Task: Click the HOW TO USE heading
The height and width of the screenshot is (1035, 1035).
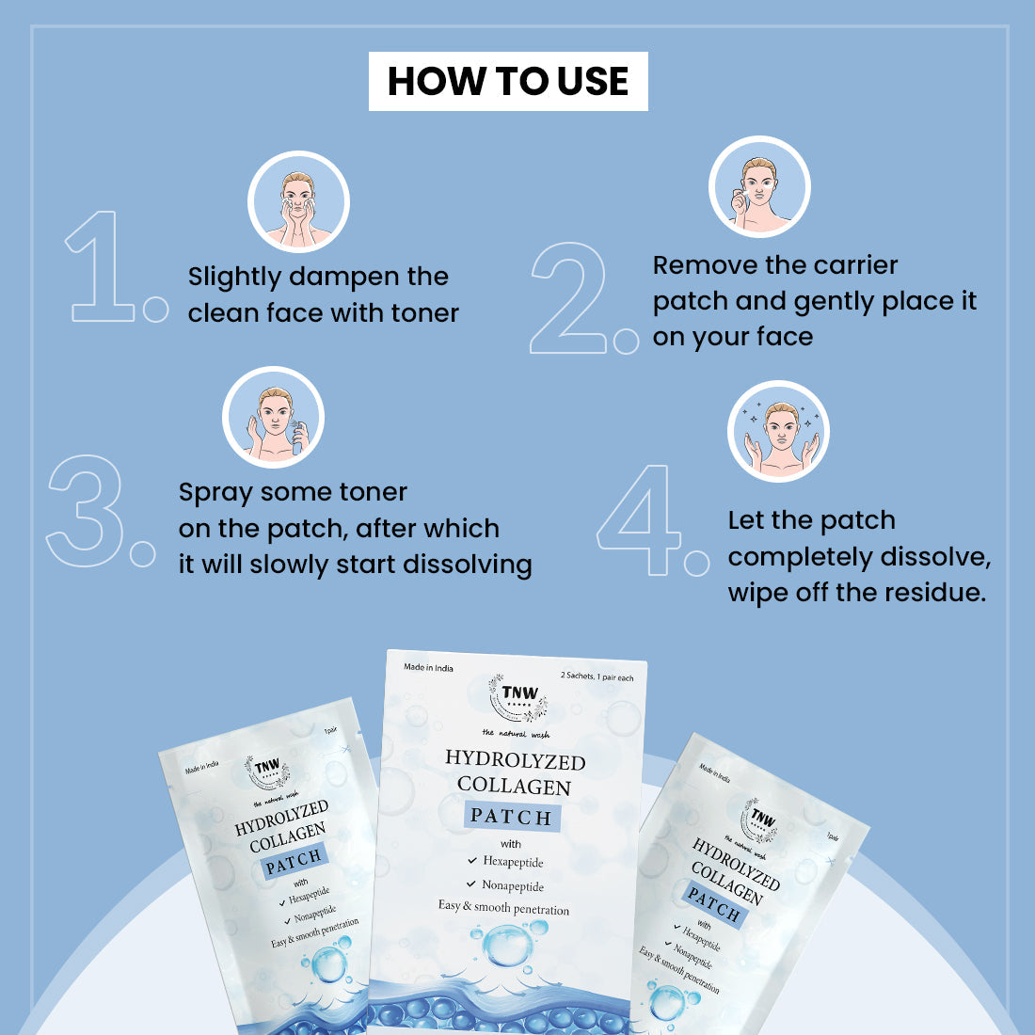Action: pos(508,81)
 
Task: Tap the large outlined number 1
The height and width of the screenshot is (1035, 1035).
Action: pos(102,267)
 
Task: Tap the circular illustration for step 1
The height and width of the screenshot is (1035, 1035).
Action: pos(298,201)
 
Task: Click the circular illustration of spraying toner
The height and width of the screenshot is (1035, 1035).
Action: pos(273,417)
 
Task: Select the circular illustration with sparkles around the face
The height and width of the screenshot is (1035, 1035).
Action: pos(778,431)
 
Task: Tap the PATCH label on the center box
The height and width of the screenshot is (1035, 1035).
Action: pos(511,817)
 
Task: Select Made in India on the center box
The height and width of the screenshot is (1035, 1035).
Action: pos(428,668)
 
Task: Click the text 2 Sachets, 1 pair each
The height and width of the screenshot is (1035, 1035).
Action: pos(597,677)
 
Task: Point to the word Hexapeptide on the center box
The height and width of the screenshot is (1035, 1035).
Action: pos(513,862)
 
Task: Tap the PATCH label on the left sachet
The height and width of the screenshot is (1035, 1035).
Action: pos(295,860)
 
